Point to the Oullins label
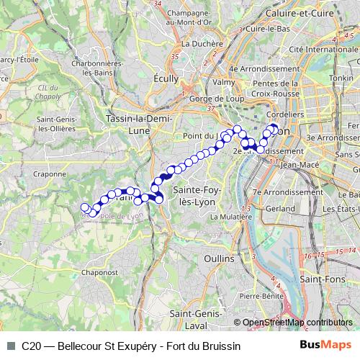point(219,258)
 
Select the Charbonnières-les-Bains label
point(76,68)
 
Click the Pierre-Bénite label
point(259,295)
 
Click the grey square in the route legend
point(10,346)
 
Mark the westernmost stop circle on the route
point(86,207)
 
